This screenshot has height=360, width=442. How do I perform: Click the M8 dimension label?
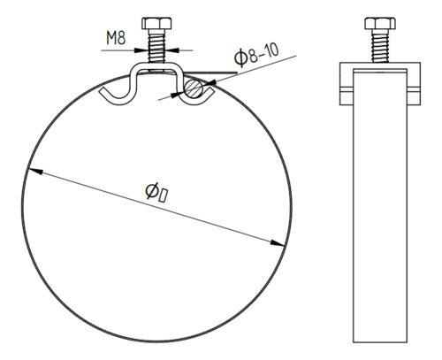pyautogui.click(x=116, y=38)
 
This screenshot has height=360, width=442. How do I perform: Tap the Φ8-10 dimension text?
pyautogui.click(x=256, y=55)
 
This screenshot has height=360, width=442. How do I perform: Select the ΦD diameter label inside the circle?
pyautogui.click(x=157, y=192)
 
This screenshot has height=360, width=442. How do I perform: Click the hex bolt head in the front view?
pyautogui.click(x=156, y=23)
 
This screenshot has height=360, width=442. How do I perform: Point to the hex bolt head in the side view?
pyautogui.click(x=380, y=23)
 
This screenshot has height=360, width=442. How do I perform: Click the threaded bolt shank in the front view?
pyautogui.click(x=156, y=46)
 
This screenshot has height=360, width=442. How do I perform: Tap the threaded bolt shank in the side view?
pyautogui.click(x=380, y=46)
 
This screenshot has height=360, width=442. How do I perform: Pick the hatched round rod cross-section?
pyautogui.click(x=194, y=88)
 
